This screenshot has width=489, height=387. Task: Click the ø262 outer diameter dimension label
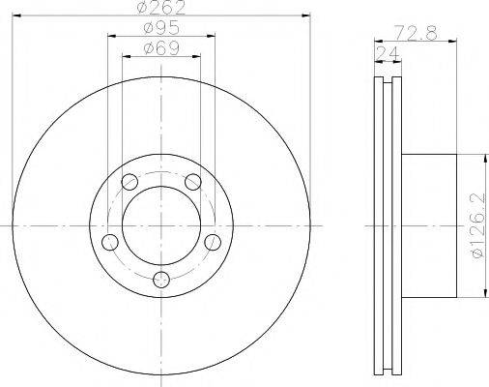tap(160, 7)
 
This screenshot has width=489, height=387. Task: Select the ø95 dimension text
tap(161, 28)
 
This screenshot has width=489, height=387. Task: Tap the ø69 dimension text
tap(161, 48)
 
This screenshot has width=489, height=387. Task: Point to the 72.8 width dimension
tap(417, 33)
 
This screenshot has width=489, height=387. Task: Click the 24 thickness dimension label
tap(388, 53)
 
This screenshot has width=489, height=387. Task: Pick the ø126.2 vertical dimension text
tap(478, 225)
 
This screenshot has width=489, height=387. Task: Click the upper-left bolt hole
tap(129, 182)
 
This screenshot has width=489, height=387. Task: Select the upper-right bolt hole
tap(193, 182)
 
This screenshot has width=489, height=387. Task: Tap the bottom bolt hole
tap(161, 280)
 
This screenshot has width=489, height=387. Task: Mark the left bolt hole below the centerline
tap(110, 242)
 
